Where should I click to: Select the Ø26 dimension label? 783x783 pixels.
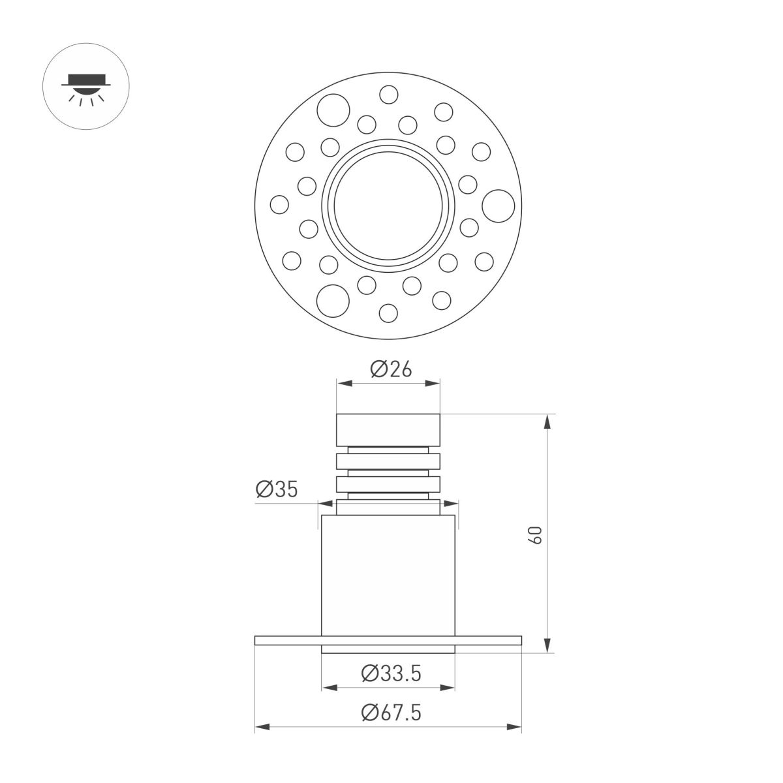[x=391, y=369]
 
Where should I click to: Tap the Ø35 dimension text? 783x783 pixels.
[x=277, y=489]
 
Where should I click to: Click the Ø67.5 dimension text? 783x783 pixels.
[x=391, y=713]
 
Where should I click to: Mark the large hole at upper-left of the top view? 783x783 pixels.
[x=333, y=109]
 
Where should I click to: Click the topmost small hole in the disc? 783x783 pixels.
[x=388, y=95]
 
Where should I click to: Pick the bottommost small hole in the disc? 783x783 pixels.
[x=388, y=314]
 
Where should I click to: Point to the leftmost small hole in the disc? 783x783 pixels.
[x=279, y=204]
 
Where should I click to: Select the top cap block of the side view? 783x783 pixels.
[x=388, y=429]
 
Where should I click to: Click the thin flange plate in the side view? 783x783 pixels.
[x=388, y=640]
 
